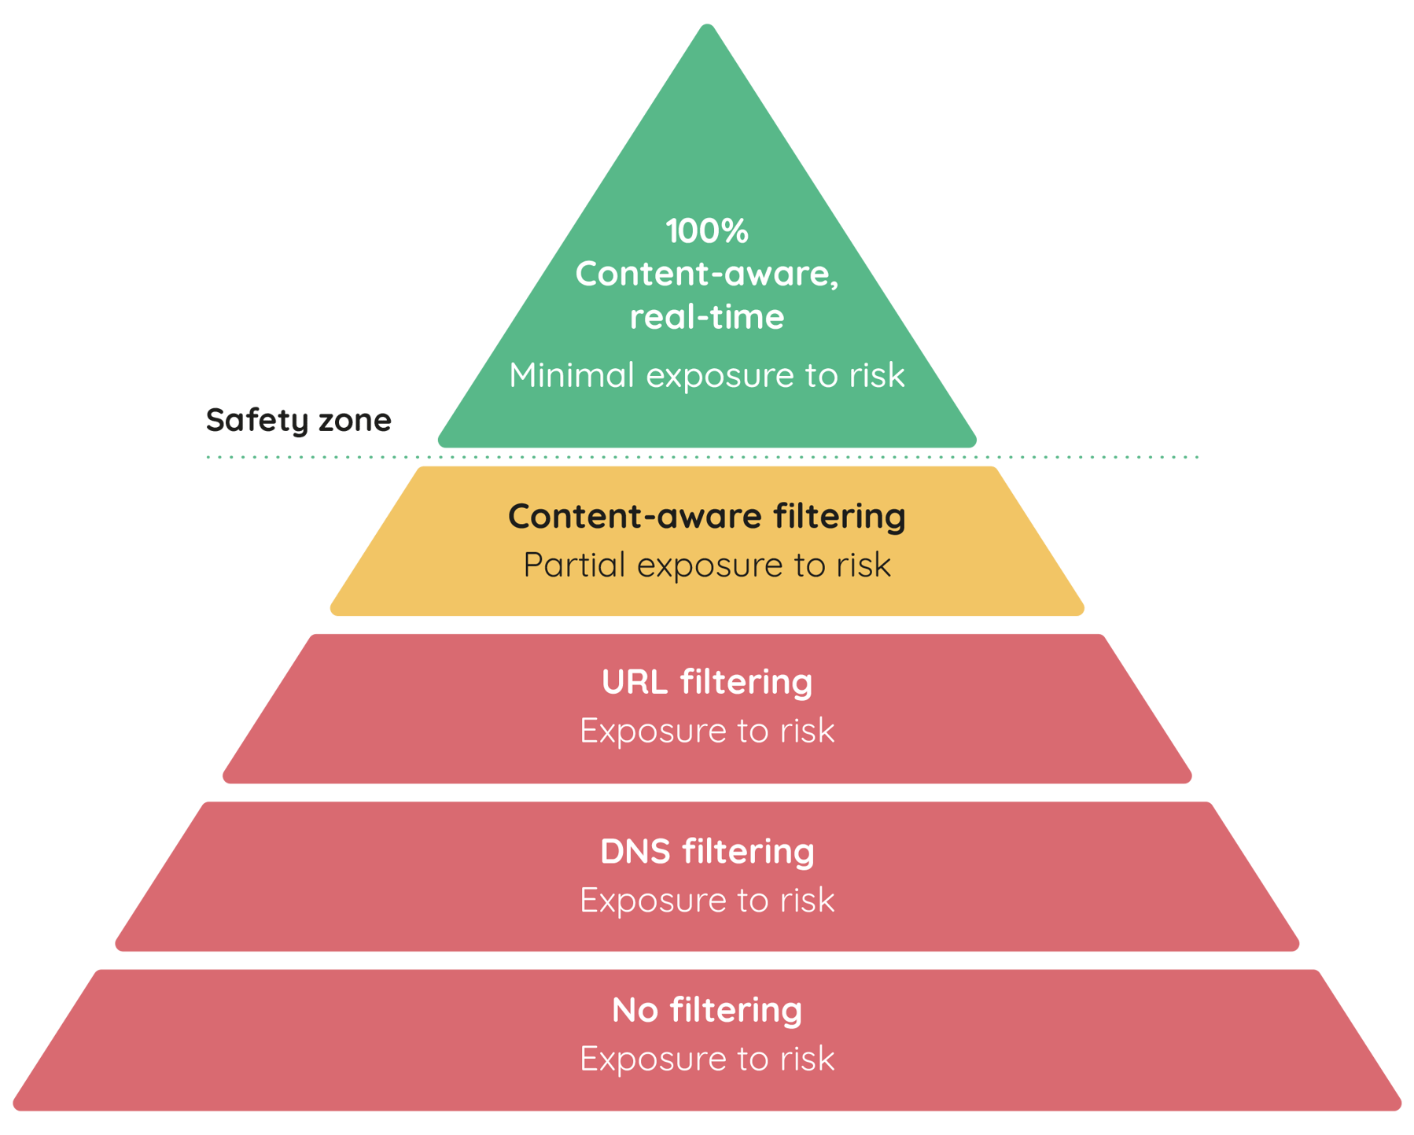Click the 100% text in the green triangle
[x=706, y=231]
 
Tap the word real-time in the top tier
[x=706, y=317]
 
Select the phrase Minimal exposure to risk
[x=706, y=375]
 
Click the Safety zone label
[x=298, y=420]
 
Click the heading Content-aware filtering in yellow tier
[x=706, y=517]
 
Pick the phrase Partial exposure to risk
[x=706, y=566]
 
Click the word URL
[x=634, y=682]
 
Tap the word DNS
[x=634, y=852]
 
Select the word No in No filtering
[x=635, y=1010]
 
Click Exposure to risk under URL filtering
[x=706, y=731]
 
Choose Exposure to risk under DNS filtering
[x=706, y=901]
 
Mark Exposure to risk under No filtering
[x=706, y=1059]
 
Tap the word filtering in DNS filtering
[x=748, y=852]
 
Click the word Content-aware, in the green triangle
[x=706, y=275]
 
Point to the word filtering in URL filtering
[x=746, y=682]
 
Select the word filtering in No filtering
[x=736, y=1010]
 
